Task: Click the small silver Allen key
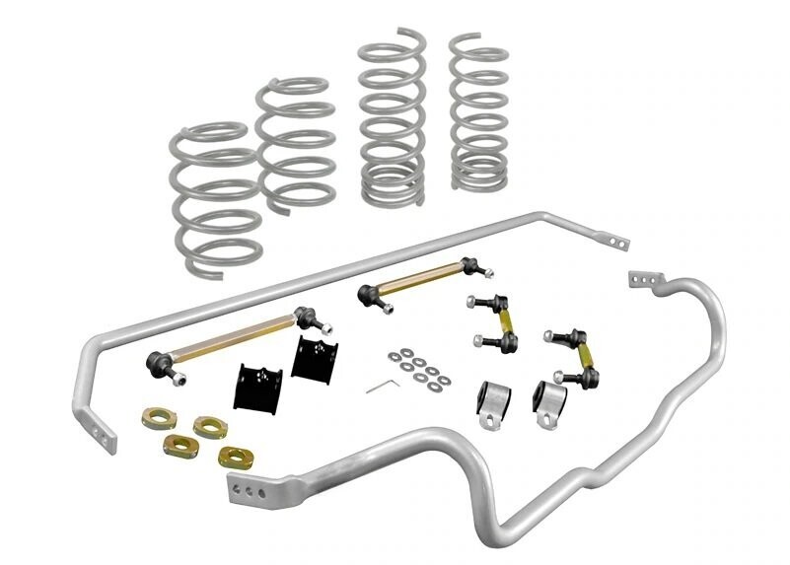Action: point(383,386)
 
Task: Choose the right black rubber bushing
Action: point(309,362)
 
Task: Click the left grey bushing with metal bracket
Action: point(494,401)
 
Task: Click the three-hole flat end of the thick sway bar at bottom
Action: point(251,486)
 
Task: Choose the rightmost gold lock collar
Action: point(234,456)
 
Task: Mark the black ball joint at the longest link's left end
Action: point(159,362)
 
